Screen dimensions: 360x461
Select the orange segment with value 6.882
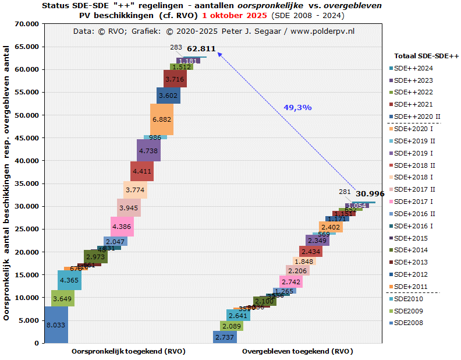(x=161, y=119)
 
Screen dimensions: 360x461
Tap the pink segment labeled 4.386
(x=122, y=227)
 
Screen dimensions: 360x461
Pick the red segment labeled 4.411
(x=142, y=172)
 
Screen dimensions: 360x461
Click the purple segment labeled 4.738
(x=148, y=150)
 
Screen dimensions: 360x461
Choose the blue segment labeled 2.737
(x=225, y=337)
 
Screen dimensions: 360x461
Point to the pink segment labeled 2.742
(x=291, y=281)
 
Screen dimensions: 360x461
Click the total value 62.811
(x=201, y=48)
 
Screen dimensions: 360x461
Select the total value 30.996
(x=370, y=194)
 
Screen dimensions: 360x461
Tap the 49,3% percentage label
(x=297, y=107)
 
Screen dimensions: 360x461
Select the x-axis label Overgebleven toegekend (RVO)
(x=297, y=352)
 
